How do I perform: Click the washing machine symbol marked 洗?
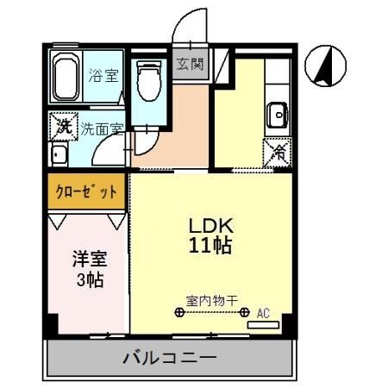(x=62, y=127)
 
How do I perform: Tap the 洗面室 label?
(x=102, y=129)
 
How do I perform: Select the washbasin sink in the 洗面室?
(x=59, y=156)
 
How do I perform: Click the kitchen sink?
(x=278, y=113)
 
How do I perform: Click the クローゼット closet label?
(x=86, y=192)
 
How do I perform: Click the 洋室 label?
(x=86, y=259)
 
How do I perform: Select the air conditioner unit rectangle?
(x=263, y=326)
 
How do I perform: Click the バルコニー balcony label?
(x=170, y=356)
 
